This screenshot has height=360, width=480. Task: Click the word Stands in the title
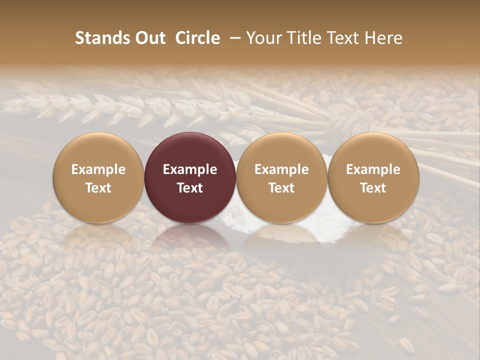click(101, 38)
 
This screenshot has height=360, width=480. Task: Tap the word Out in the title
click(149, 38)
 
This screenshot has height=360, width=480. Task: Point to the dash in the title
click(233, 38)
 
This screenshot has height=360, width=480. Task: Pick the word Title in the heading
click(303, 38)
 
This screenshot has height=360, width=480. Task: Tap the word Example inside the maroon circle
click(190, 169)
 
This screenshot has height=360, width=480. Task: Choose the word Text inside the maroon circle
click(190, 188)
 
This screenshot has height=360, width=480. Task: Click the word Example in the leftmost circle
click(98, 169)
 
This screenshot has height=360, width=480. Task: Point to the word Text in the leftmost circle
click(98, 188)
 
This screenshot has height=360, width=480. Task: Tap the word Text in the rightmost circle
click(373, 188)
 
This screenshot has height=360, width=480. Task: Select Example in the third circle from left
click(281, 169)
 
